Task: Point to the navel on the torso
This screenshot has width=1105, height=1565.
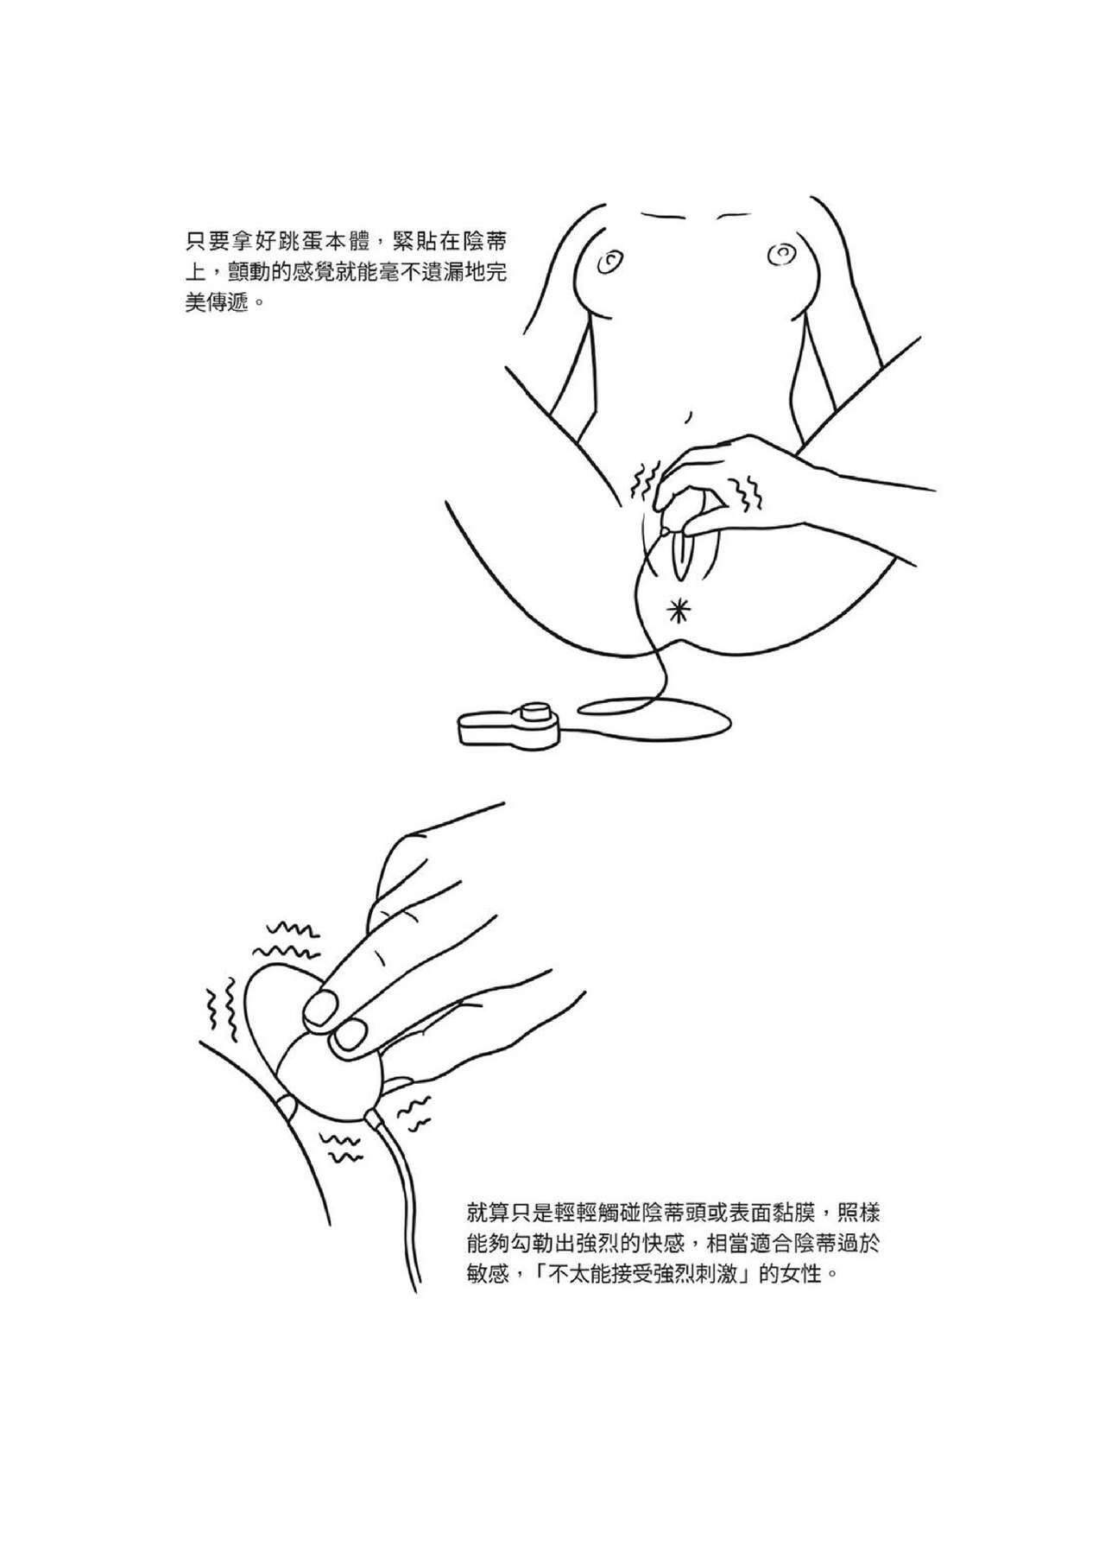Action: tap(688, 416)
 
